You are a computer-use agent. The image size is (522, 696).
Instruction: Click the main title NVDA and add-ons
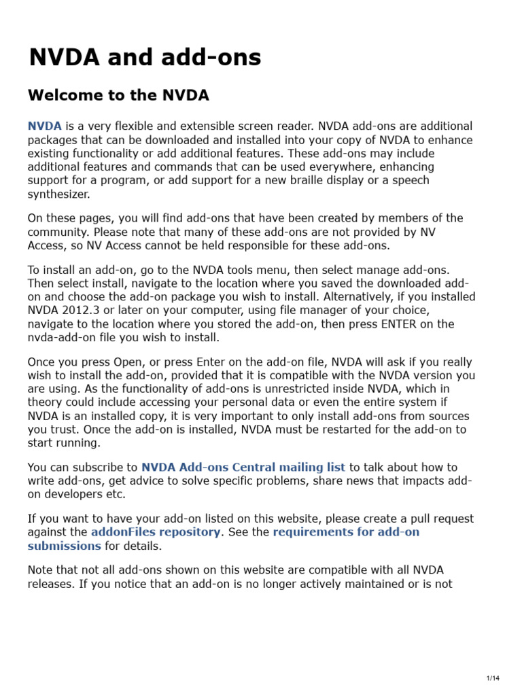pos(145,58)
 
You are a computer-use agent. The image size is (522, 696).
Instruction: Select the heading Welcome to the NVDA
pos(118,96)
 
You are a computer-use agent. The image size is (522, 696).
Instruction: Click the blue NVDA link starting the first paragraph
pos(45,126)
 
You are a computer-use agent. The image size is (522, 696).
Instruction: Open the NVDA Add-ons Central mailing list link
pos(243,468)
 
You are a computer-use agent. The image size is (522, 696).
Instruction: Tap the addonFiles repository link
pos(156,532)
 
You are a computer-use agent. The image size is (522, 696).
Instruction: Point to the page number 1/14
pos(493,678)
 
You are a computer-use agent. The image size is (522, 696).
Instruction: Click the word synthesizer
pos(58,194)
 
